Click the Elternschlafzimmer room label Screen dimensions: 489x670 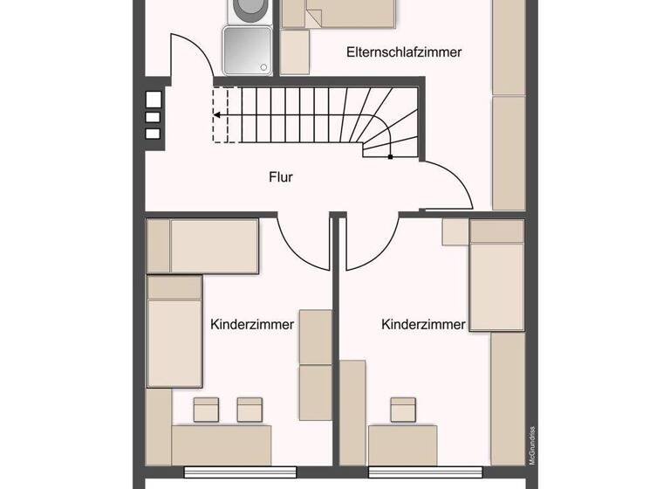pos(404,52)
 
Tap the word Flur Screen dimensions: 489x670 pos(281,177)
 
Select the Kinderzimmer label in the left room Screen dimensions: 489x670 pos(252,324)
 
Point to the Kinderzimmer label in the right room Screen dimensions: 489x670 pos(423,324)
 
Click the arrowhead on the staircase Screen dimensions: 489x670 pos(216,114)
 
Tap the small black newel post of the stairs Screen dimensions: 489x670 pos(390,157)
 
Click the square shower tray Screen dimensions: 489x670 pos(247,51)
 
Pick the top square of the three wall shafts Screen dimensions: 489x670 pos(153,99)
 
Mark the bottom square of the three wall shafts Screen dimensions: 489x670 pos(153,134)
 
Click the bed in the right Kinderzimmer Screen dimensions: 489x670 pos(496,275)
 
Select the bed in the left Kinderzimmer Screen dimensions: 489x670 pos(174,332)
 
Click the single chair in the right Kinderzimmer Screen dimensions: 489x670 pos(403,408)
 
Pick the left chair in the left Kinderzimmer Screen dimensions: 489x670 pos(206,408)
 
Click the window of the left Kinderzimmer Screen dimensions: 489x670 pos(235,472)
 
